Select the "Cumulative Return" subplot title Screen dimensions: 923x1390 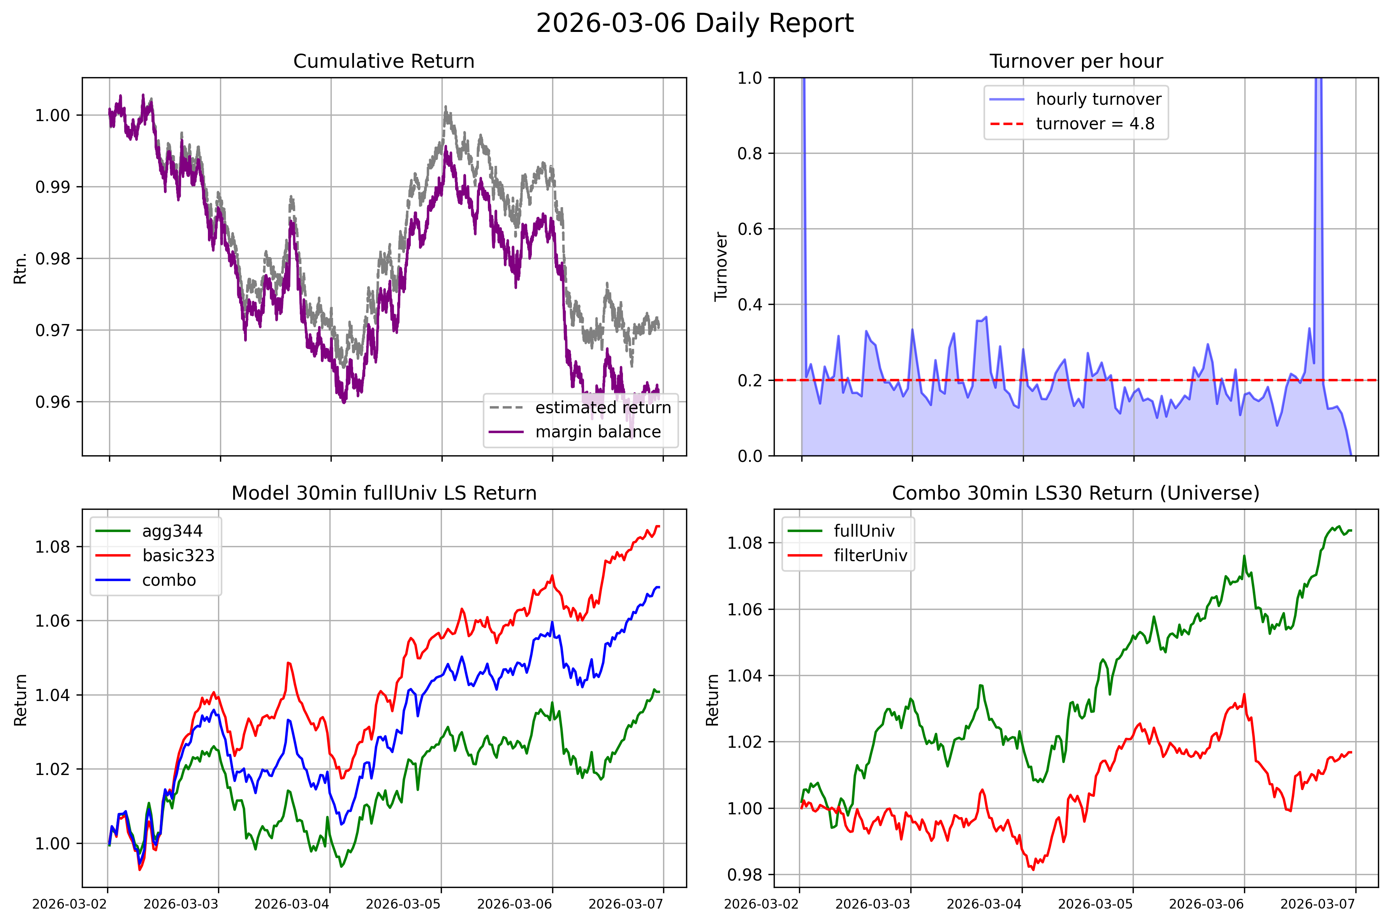point(384,61)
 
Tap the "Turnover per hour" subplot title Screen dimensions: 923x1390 point(1076,61)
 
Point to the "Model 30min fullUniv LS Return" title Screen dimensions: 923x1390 point(384,493)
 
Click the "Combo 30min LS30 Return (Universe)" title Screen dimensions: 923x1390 point(1076,493)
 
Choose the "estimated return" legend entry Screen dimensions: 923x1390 point(603,407)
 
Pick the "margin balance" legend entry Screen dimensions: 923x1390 point(598,432)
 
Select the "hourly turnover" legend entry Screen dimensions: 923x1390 point(1098,99)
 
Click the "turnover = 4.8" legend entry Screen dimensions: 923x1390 point(1094,123)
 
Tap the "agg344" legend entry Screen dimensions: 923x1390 point(172,531)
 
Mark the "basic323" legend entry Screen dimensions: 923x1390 point(178,555)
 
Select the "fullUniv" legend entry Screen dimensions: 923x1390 point(864,531)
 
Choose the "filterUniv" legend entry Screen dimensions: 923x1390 point(870,555)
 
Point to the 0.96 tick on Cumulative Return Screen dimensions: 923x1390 point(53,402)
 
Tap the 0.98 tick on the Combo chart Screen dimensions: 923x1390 point(744,875)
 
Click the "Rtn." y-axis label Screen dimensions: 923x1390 point(21,268)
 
